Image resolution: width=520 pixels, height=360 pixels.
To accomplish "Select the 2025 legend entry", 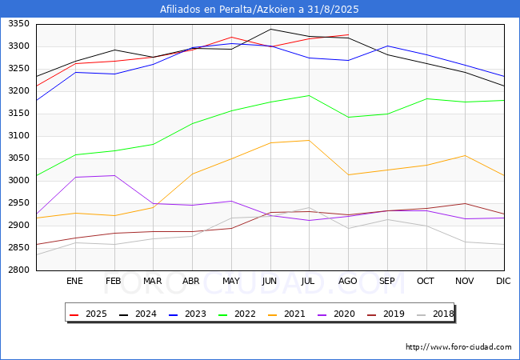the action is pyautogui.click(x=88, y=314).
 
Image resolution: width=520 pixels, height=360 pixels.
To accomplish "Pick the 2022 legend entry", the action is pyautogui.click(x=237, y=314).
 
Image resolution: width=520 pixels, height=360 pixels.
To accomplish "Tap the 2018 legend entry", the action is pyautogui.click(x=435, y=314).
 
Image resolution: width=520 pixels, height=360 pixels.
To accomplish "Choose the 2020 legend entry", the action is pyautogui.click(x=336, y=314).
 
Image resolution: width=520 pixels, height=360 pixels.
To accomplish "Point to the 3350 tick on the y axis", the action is pyautogui.click(x=18, y=23).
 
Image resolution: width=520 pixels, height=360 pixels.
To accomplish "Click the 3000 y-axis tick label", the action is pyautogui.click(x=18, y=180).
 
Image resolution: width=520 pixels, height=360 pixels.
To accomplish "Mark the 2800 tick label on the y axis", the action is pyautogui.click(x=18, y=270).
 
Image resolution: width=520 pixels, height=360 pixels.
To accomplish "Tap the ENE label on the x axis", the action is pyautogui.click(x=74, y=281).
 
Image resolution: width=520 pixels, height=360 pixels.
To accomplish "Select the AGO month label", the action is pyautogui.click(x=347, y=281).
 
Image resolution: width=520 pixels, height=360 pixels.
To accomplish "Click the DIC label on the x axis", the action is pyautogui.click(x=503, y=281).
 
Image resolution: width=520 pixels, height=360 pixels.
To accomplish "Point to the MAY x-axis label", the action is pyautogui.click(x=231, y=281).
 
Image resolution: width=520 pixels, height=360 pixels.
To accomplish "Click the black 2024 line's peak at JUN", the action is pyautogui.click(x=270, y=29).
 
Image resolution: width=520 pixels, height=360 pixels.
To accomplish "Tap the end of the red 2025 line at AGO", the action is pyautogui.click(x=348, y=34).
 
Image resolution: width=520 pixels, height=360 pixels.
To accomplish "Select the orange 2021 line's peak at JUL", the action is pyautogui.click(x=309, y=140).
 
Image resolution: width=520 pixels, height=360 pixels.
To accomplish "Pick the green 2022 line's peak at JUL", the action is pyautogui.click(x=309, y=95).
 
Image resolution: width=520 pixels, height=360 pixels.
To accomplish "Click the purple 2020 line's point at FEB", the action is pyautogui.click(x=114, y=175).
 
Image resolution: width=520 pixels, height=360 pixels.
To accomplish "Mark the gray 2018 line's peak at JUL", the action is pyautogui.click(x=309, y=208).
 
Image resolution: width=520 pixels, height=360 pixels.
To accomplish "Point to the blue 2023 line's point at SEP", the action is pyautogui.click(x=387, y=46).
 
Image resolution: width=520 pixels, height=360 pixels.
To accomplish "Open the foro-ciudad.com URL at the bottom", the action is pyautogui.click(x=458, y=347).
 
